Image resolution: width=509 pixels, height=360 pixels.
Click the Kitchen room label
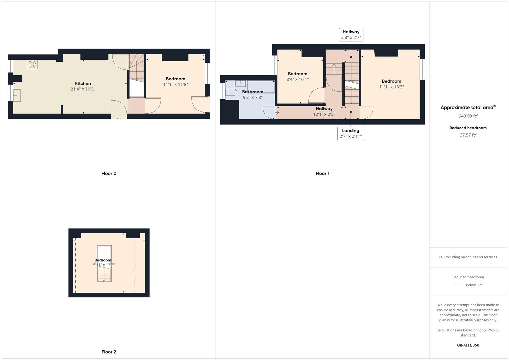(x=83, y=83)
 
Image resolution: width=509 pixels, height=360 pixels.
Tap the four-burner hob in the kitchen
(x=32, y=64)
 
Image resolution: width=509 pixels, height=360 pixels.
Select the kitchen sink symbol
(x=17, y=95)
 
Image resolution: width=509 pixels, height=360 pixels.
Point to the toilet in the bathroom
(x=231, y=92)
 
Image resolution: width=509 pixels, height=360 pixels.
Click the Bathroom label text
(x=253, y=92)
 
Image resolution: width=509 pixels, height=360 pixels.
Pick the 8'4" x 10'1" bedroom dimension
(x=297, y=79)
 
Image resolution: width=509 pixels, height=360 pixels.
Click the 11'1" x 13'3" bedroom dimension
(x=392, y=87)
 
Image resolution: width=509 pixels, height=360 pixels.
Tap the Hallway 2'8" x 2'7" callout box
(x=351, y=35)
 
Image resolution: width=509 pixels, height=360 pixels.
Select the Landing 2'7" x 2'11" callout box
(x=351, y=133)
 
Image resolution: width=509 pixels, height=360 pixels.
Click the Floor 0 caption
(x=109, y=173)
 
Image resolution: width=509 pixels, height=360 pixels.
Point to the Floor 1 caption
(x=322, y=173)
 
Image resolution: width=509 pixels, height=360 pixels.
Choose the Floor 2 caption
(x=109, y=352)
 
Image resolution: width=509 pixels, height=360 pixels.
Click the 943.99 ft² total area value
(x=468, y=116)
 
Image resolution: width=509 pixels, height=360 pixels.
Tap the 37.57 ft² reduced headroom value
(x=468, y=135)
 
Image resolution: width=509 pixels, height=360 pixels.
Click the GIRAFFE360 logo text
(x=468, y=345)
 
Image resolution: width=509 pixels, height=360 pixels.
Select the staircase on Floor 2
(x=104, y=264)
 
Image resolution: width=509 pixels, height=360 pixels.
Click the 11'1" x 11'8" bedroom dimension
(x=175, y=85)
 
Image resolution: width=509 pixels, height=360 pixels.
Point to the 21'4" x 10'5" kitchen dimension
(x=83, y=89)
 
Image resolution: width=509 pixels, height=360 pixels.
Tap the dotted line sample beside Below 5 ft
(x=459, y=285)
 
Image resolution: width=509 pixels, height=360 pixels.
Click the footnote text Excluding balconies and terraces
(x=468, y=257)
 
